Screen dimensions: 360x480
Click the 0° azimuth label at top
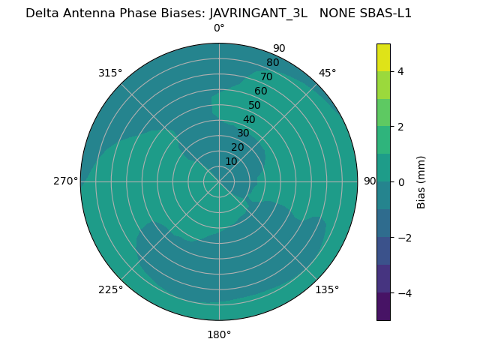pos(219,28)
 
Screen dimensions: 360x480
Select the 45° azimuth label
pos(327,73)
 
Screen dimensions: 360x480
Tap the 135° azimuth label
pos(327,289)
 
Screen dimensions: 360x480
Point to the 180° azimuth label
pos(219,334)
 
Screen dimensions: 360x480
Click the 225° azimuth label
pos(110,289)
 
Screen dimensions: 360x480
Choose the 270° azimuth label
pos(65,181)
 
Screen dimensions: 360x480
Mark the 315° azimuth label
pos(110,73)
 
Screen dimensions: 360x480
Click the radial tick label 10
pos(231,161)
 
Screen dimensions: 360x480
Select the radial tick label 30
pos(243,133)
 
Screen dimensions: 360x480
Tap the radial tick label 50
pos(255,106)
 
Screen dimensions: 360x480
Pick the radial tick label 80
pos(272,63)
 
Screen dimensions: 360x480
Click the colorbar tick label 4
pos(400,71)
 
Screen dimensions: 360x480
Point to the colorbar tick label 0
pos(400,181)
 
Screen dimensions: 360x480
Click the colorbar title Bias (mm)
pos(421,181)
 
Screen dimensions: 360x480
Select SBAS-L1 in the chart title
pos(386,13)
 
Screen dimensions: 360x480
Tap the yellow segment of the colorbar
pos(383,58)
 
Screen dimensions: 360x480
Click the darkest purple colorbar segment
pos(383,306)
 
